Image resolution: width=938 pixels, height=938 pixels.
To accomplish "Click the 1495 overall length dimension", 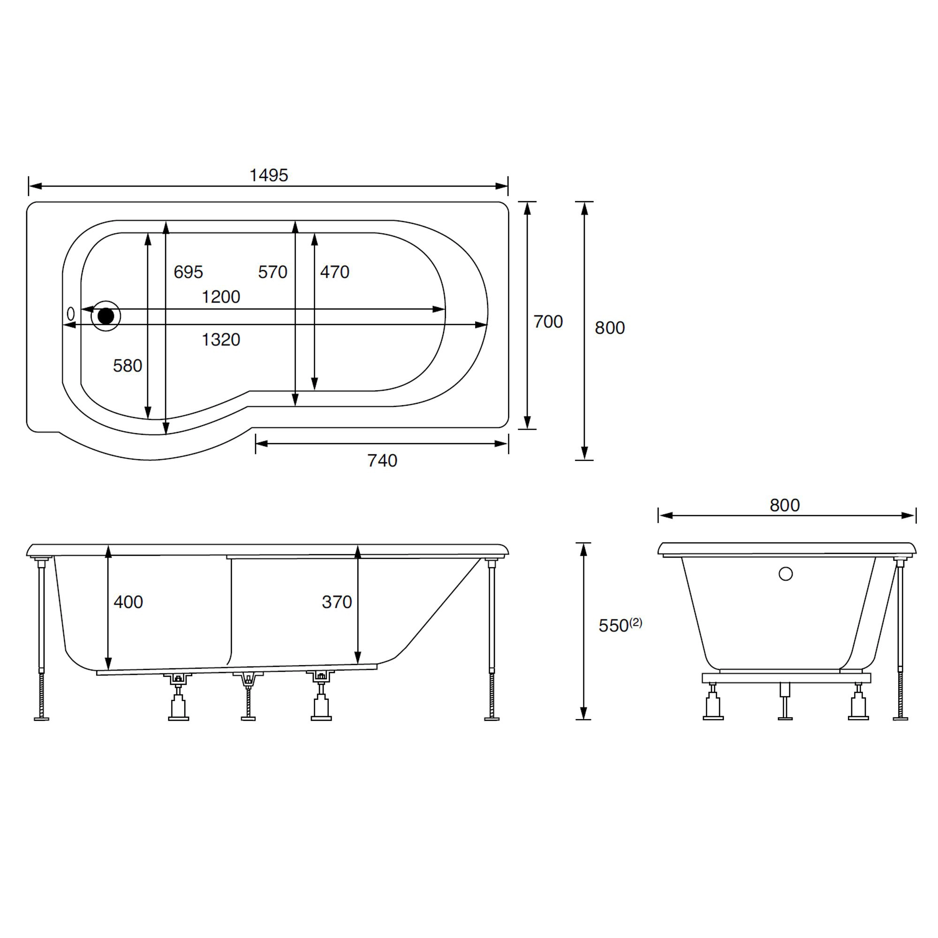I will pyautogui.click(x=268, y=175).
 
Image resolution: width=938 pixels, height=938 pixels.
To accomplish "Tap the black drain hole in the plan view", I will pyautogui.click(x=106, y=316).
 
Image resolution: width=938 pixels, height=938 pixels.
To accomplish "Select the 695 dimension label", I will pyautogui.click(x=189, y=272).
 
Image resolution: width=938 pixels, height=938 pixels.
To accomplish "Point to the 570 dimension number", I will pyautogui.click(x=272, y=272).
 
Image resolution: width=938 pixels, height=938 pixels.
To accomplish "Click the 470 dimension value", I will pyautogui.click(x=334, y=272).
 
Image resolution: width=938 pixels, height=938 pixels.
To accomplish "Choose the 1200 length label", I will pyautogui.click(x=221, y=297).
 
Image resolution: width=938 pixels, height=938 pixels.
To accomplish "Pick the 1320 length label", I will pyautogui.click(x=221, y=340).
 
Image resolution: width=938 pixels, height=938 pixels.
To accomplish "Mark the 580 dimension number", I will pyautogui.click(x=127, y=366).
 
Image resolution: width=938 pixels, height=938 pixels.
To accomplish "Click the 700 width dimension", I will pyautogui.click(x=548, y=321).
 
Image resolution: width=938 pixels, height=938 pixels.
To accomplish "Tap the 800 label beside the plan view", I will pyautogui.click(x=610, y=328).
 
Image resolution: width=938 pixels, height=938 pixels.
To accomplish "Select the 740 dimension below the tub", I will pyautogui.click(x=382, y=460).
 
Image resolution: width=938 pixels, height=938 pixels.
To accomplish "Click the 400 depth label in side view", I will pyautogui.click(x=128, y=602).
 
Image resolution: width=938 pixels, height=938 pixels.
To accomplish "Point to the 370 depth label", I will pyautogui.click(x=336, y=602).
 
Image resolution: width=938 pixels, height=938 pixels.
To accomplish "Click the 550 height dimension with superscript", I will pyautogui.click(x=620, y=625).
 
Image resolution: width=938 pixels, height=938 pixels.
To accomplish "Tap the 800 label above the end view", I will pyautogui.click(x=785, y=506).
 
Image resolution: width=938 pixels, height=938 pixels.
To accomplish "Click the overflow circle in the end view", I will pyautogui.click(x=786, y=574).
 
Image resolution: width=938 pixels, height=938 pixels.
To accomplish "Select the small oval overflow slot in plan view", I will pyautogui.click(x=71, y=314).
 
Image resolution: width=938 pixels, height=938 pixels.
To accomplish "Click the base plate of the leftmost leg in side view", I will pyautogui.click(x=42, y=719).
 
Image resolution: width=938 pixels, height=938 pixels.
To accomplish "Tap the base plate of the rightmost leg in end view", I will pyautogui.click(x=900, y=719).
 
